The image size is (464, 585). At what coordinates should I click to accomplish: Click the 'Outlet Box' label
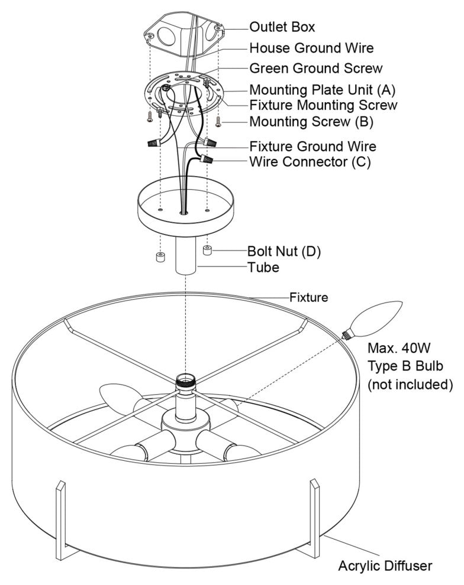282,27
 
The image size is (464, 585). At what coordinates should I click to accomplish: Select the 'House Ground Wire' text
311,47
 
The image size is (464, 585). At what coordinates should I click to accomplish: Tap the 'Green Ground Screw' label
315,68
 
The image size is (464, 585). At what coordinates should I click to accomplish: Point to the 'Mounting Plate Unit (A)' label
322,90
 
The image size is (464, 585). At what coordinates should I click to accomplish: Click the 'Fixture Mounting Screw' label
323,105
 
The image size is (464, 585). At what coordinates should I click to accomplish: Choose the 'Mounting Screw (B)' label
310,122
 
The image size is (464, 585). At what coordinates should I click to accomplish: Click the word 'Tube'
263,267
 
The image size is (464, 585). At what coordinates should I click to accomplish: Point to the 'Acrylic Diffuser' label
385,565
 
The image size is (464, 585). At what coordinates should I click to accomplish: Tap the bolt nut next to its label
208,251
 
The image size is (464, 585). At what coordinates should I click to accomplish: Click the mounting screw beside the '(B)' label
219,122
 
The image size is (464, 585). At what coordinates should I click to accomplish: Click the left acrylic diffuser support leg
60,520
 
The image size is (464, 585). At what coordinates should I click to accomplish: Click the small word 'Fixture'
308,297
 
